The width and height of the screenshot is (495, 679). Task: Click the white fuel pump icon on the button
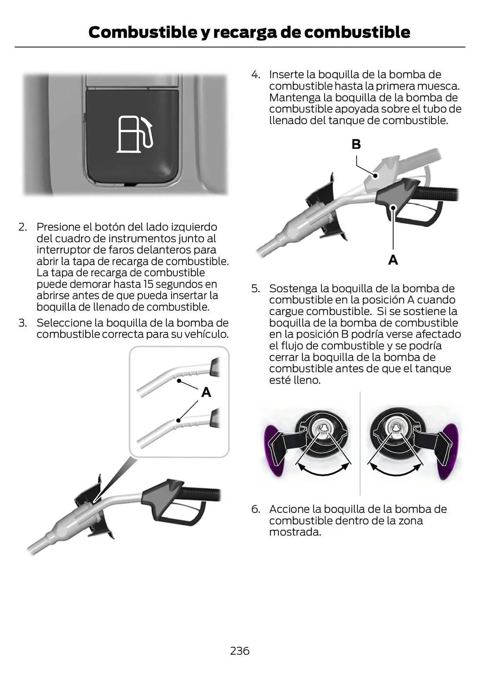coord(135,134)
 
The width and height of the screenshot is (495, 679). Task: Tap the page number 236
coord(240,650)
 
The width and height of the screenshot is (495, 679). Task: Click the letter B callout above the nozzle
coord(356,144)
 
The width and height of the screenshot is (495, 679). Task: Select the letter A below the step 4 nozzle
coord(393,260)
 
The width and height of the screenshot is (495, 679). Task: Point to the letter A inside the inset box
coord(206,392)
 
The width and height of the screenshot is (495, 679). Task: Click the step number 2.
coord(23,227)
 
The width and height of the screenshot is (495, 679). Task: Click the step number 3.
coord(23,323)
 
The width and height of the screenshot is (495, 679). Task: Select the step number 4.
coord(255,75)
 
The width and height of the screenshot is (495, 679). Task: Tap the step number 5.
coord(255,289)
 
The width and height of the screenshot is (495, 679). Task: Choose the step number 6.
coord(255,509)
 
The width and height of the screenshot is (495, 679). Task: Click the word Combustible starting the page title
coord(143,32)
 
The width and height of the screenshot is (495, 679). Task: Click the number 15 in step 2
coord(149,284)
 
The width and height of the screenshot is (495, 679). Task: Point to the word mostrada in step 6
coord(295,532)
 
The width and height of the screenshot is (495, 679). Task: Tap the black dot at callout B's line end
coord(375,176)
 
